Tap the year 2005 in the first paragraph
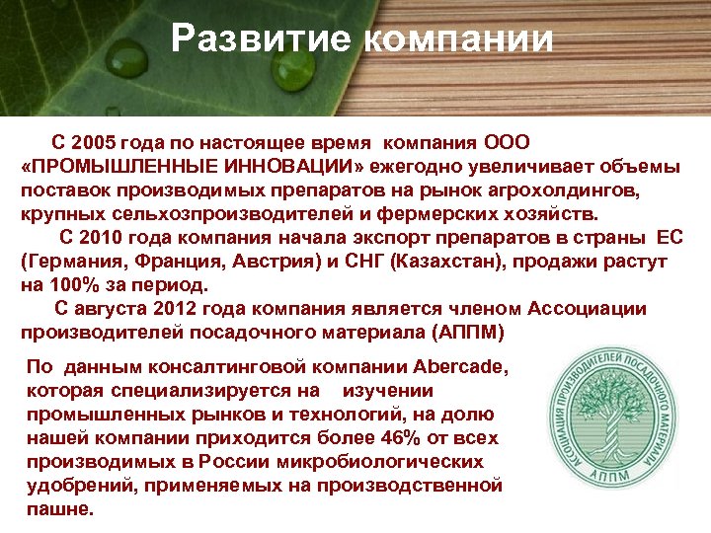pos(102,142)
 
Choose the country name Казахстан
pos(446,262)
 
